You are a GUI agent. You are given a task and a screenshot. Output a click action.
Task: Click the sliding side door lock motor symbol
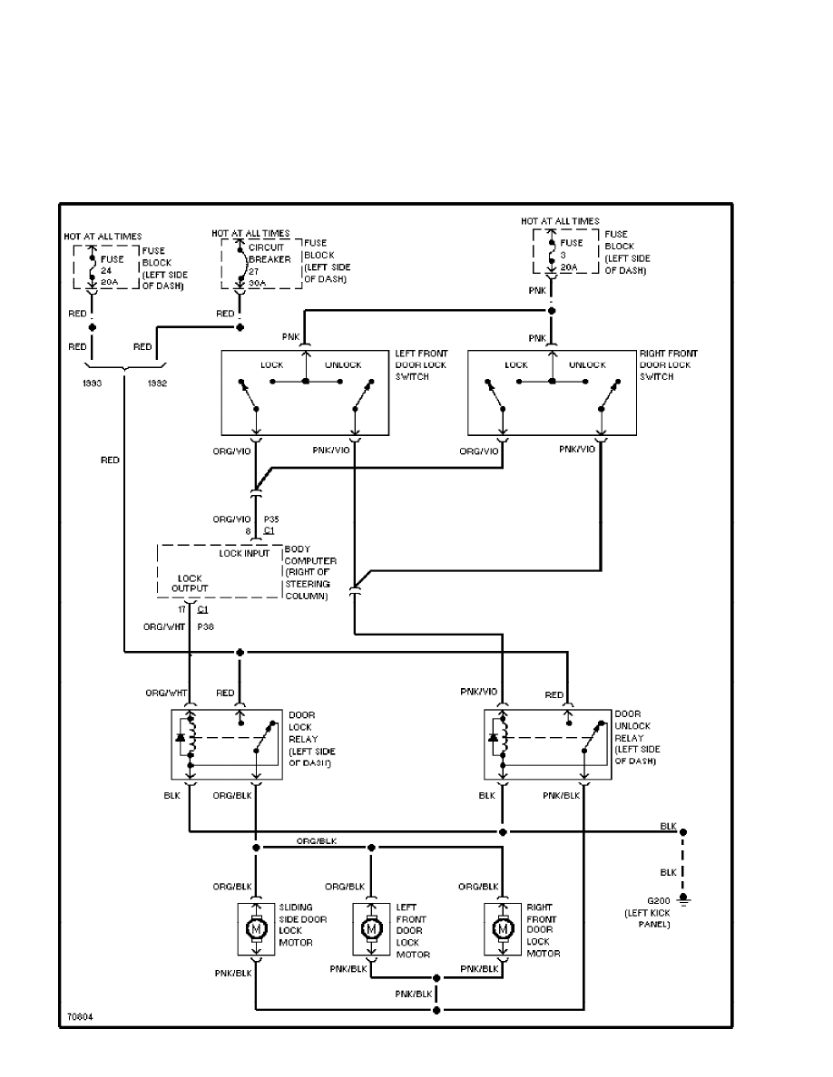(256, 928)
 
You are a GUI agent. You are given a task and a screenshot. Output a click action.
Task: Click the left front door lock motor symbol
(370, 928)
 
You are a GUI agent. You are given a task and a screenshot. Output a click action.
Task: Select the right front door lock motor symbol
(501, 928)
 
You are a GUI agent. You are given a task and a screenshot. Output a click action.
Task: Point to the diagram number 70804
(79, 1016)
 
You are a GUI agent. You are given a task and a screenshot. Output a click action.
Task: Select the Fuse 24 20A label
(113, 270)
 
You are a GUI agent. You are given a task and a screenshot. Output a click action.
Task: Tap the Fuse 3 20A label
(570, 256)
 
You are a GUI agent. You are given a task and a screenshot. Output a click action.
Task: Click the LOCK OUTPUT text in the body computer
(191, 583)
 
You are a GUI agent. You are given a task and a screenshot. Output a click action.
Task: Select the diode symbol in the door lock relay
(180, 738)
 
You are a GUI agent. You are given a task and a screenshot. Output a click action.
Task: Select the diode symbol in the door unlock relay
(493, 738)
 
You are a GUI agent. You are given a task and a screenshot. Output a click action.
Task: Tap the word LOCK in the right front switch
(517, 365)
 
